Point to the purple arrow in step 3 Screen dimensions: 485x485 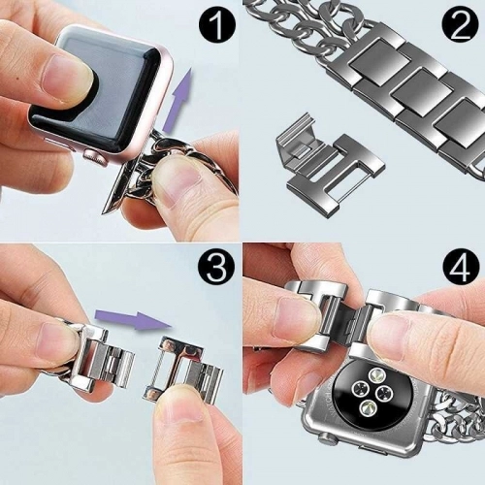(x=130, y=316)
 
